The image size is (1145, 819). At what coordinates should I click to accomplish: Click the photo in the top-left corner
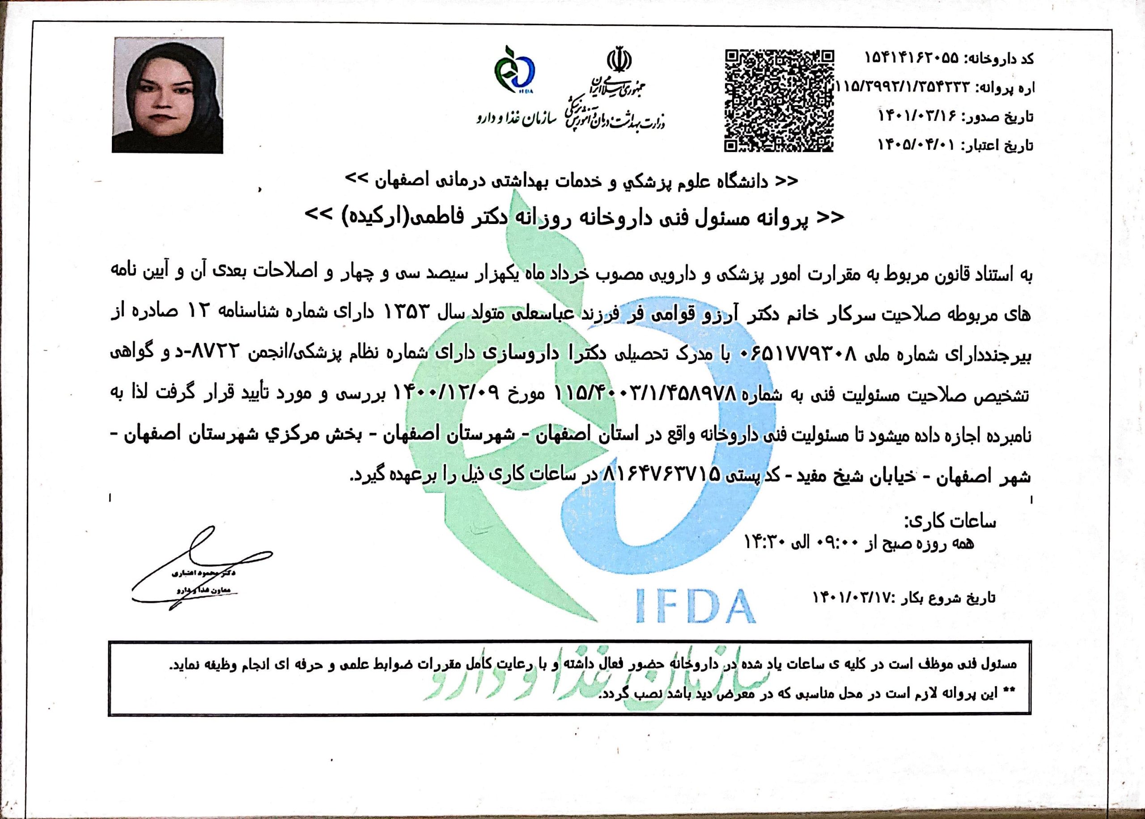167,95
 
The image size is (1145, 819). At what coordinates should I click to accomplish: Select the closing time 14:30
764,543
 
